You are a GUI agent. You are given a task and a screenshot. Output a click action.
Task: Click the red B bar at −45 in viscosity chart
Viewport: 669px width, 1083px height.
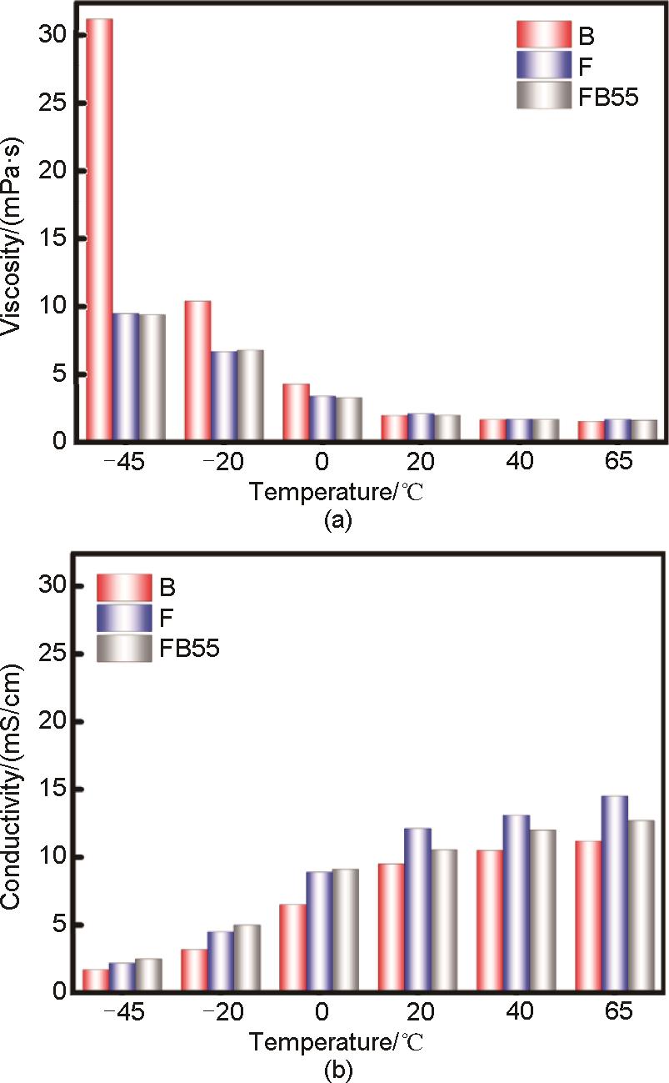coord(99,229)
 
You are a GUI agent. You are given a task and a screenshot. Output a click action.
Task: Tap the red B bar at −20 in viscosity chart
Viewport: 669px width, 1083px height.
coord(197,370)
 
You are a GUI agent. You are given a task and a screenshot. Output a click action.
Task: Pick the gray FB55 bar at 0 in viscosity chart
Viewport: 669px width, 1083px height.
coord(349,419)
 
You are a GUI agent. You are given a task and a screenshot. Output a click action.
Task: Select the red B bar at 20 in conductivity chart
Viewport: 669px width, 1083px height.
coord(391,928)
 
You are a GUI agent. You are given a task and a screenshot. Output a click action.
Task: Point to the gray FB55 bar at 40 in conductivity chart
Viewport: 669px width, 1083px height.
coord(542,911)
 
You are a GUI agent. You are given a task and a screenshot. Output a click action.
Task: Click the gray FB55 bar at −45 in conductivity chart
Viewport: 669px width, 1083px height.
coord(148,975)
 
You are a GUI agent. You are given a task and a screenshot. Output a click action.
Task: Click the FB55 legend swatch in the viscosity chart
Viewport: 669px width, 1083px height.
coord(542,96)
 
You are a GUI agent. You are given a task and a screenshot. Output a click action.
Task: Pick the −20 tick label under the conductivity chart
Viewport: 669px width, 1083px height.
coord(222,1015)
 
